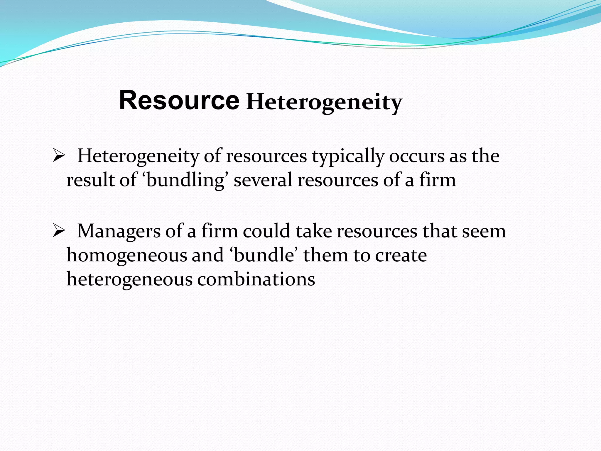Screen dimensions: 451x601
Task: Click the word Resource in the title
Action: pos(179,100)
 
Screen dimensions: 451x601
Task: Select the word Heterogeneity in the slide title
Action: pos(324,103)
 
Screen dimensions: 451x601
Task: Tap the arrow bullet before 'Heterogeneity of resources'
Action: pos(58,156)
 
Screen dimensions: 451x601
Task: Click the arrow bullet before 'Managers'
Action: pos(58,231)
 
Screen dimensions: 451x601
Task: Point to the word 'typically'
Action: pos(348,157)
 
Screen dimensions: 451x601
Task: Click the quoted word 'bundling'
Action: pos(185,180)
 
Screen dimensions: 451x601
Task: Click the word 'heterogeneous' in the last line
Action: pos(129,279)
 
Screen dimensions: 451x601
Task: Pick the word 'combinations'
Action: pos(256,279)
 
